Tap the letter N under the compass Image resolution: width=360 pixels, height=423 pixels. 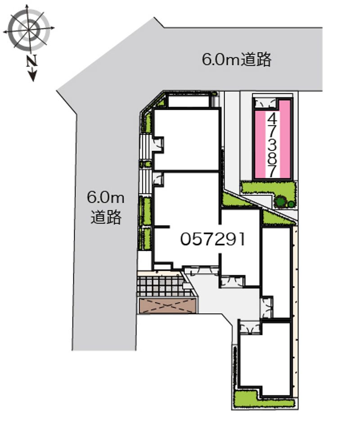(x=30, y=61)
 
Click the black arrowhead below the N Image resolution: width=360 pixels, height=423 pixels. (x=32, y=76)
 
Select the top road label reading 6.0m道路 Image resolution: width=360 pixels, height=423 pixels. (x=237, y=59)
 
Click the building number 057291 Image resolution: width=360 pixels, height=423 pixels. (x=212, y=239)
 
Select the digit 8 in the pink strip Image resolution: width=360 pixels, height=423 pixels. (x=272, y=157)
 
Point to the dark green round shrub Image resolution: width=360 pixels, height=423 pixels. (x=281, y=201)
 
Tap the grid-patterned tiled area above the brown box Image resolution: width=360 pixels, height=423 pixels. (x=161, y=286)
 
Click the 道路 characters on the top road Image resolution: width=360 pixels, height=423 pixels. (x=256, y=59)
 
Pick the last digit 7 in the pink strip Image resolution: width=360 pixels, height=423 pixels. (x=272, y=170)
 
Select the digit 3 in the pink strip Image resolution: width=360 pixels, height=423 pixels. (x=272, y=145)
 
